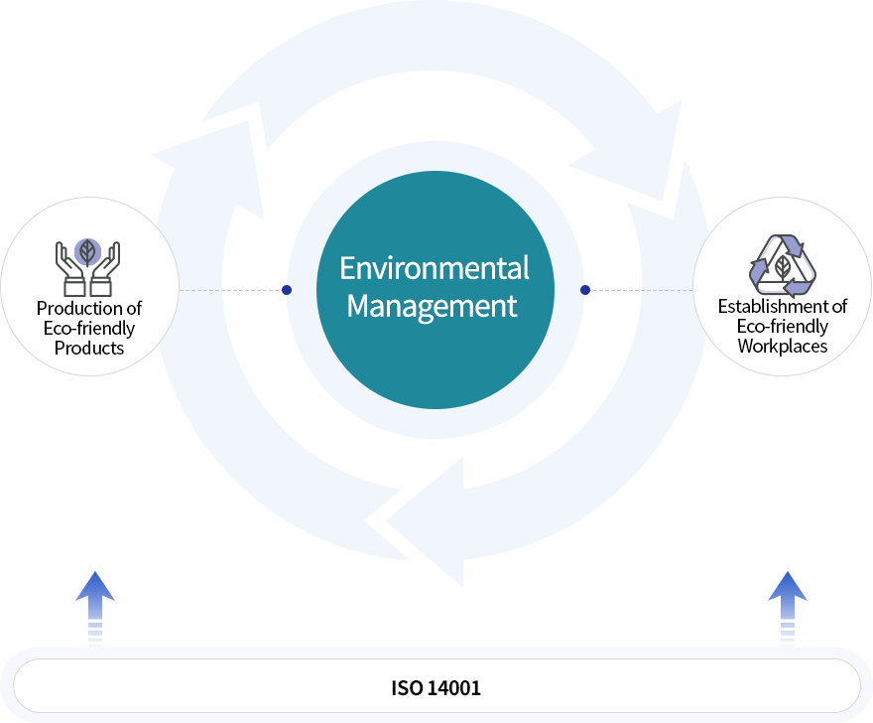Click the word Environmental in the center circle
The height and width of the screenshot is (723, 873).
435,268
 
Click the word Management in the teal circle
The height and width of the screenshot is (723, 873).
433,305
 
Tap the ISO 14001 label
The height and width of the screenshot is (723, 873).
436,687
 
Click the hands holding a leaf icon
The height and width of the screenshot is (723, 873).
87,266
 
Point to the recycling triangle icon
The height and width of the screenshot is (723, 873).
783,265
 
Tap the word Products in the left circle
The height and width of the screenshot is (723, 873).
89,348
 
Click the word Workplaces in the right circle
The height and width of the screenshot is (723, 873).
783,346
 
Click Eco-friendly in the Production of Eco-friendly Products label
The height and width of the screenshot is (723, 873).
89,328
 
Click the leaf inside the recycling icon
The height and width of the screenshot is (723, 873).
783,268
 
